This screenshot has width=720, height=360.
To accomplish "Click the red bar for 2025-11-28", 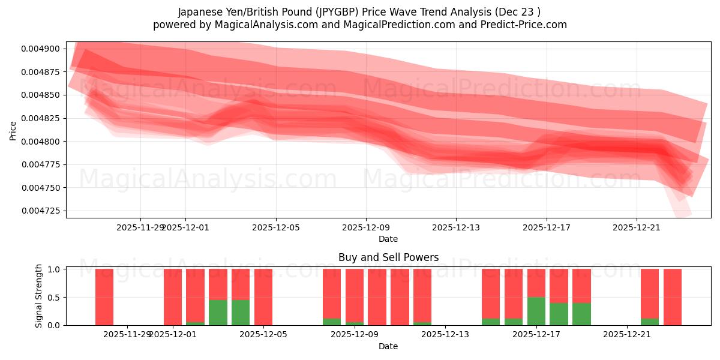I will click(x=104, y=297).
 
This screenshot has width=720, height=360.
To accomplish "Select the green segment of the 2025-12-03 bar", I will click(x=218, y=313).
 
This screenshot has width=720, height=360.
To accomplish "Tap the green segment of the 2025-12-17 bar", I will click(x=536, y=311).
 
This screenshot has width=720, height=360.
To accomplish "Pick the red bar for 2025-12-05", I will click(x=263, y=297).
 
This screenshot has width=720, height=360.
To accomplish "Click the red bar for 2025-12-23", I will click(x=673, y=297).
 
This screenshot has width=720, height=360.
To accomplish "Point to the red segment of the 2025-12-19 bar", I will click(x=581, y=286).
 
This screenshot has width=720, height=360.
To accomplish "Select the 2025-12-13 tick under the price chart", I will click(x=456, y=227).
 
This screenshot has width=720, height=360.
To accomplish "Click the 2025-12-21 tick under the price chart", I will click(x=637, y=227).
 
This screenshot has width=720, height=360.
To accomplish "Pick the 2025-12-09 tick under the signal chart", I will click(x=354, y=335).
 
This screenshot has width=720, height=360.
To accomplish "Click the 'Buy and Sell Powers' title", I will click(x=388, y=257).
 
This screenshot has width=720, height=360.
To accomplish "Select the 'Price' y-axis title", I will click(x=13, y=130).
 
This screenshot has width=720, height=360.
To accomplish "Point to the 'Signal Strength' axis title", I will click(x=38, y=295).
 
